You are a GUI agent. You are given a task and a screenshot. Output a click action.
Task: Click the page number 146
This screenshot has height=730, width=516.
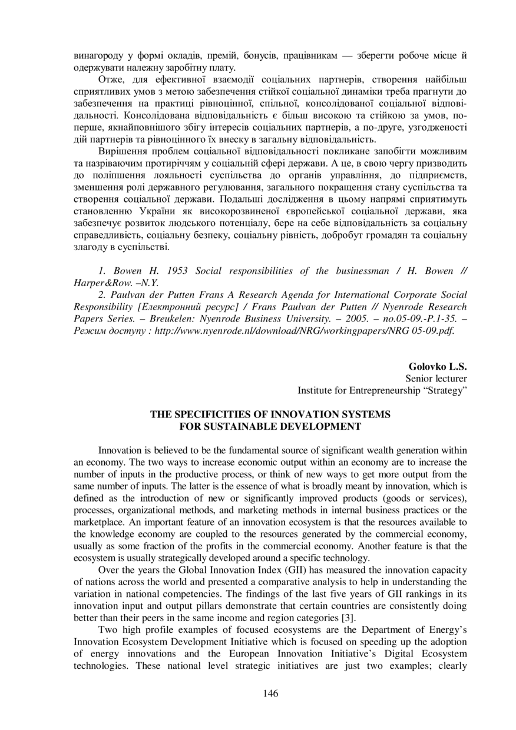pyautogui.click(x=270, y=693)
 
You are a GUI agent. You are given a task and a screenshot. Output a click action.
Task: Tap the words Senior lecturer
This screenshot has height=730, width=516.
pyautogui.click(x=436, y=379)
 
